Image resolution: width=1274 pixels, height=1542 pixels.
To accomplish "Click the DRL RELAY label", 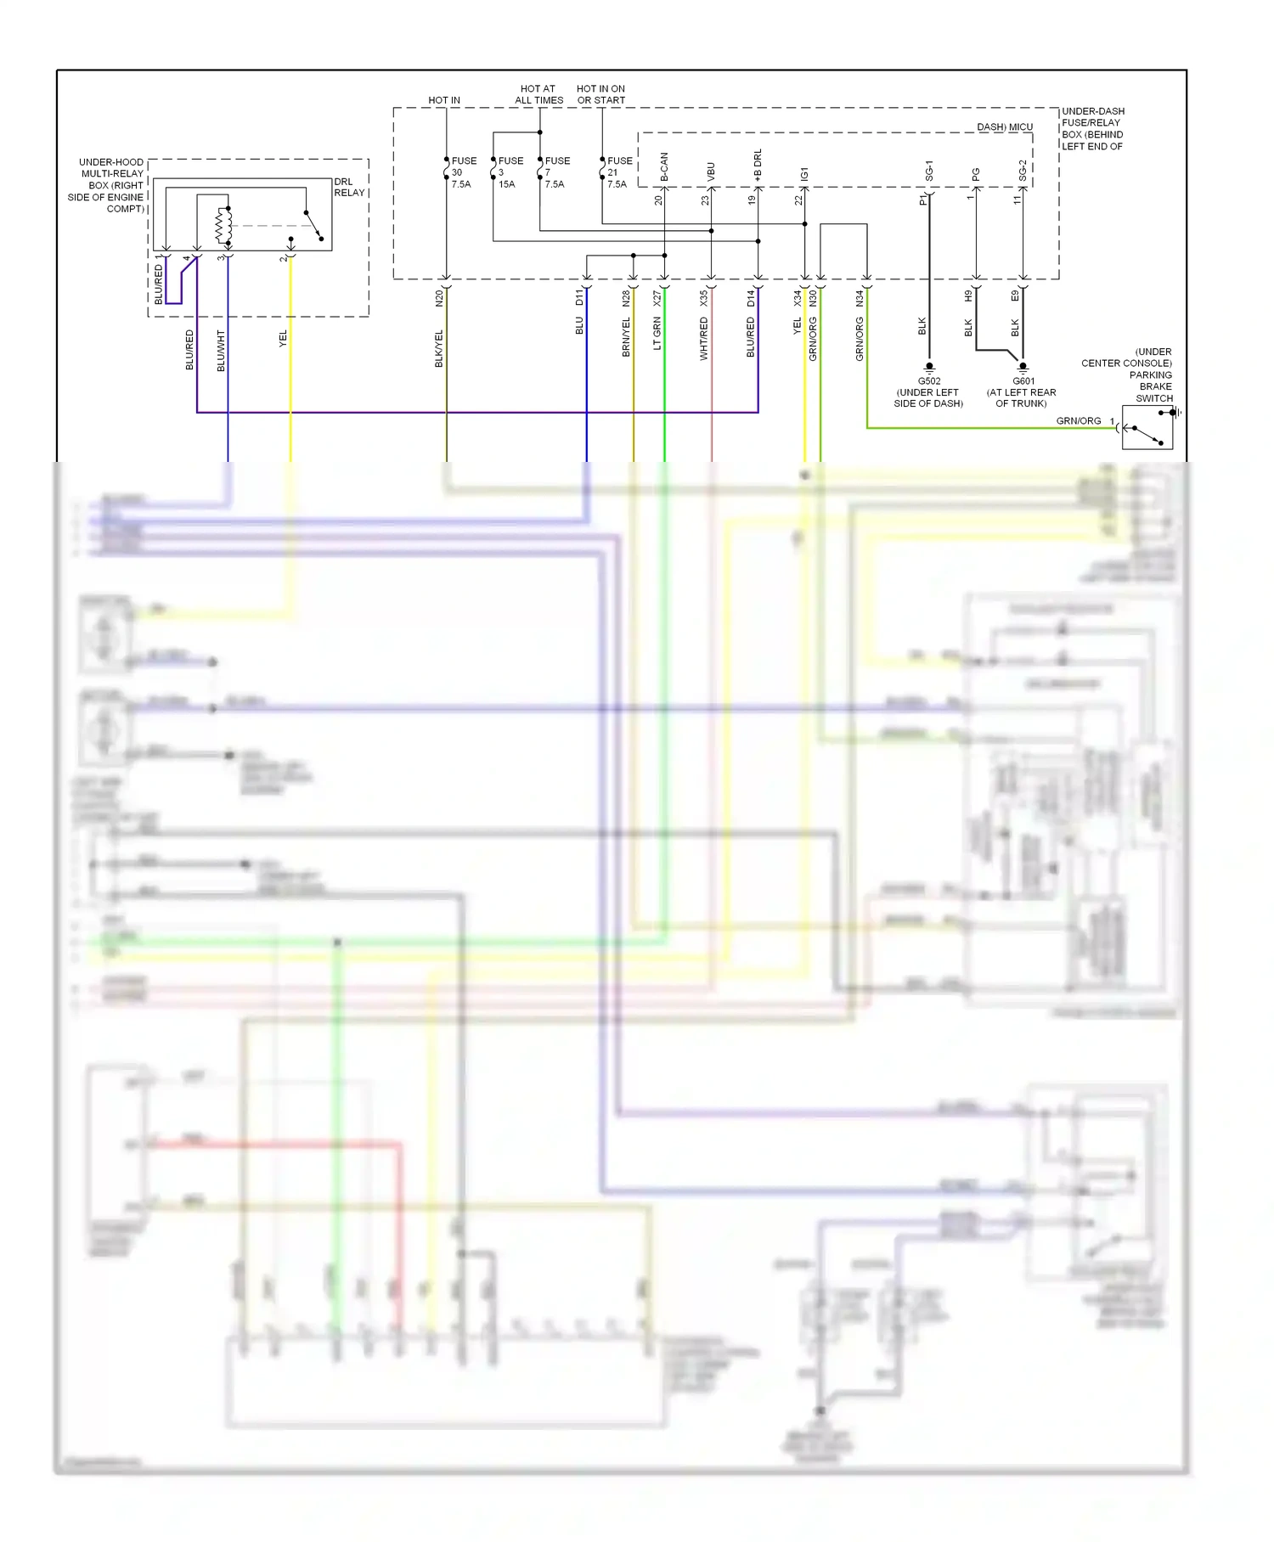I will pos(349,188).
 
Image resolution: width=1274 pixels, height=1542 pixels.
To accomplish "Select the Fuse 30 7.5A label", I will pos(463,172).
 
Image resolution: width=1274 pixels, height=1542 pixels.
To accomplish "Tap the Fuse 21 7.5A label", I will pos(619,172).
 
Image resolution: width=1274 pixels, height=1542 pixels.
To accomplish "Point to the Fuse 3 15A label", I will pos(510,172).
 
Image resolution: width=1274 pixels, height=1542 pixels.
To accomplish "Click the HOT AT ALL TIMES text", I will pos(538,94).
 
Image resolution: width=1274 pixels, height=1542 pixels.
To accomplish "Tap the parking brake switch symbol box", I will pos(1147,427).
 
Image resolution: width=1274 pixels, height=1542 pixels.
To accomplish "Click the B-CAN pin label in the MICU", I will pos(664,168).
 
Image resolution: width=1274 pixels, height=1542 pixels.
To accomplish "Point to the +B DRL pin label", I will pos(758,165).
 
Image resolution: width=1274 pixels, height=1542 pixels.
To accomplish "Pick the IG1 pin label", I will pos(804,174).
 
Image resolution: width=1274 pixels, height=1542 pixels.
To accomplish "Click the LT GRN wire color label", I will pos(657,333).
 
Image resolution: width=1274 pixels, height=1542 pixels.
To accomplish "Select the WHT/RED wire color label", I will pos(703,339).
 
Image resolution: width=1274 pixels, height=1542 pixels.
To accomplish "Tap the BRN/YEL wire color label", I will pos(626,337).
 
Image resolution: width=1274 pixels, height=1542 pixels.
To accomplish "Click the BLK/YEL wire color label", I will pos(439,348).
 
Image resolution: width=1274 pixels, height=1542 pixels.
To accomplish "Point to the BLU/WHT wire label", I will pos(221,351).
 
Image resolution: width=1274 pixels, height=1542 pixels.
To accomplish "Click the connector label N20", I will pos(439,297).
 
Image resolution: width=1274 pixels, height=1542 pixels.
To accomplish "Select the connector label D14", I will pos(751,297).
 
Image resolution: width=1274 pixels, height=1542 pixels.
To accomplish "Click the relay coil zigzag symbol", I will pos(223,225).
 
